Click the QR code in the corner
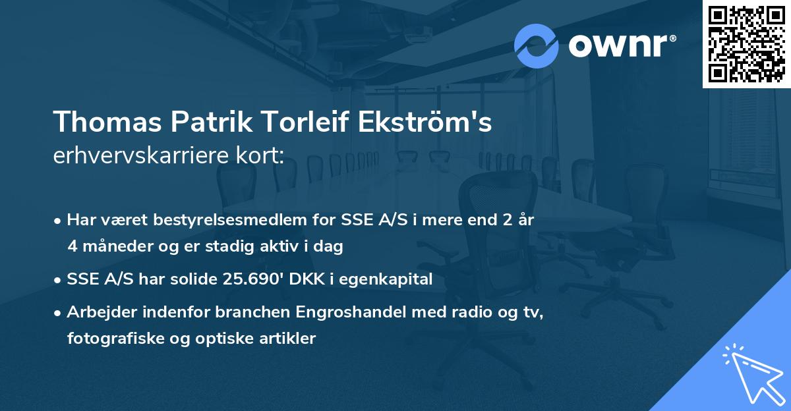coord(746,43)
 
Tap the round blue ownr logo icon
coord(537,46)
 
